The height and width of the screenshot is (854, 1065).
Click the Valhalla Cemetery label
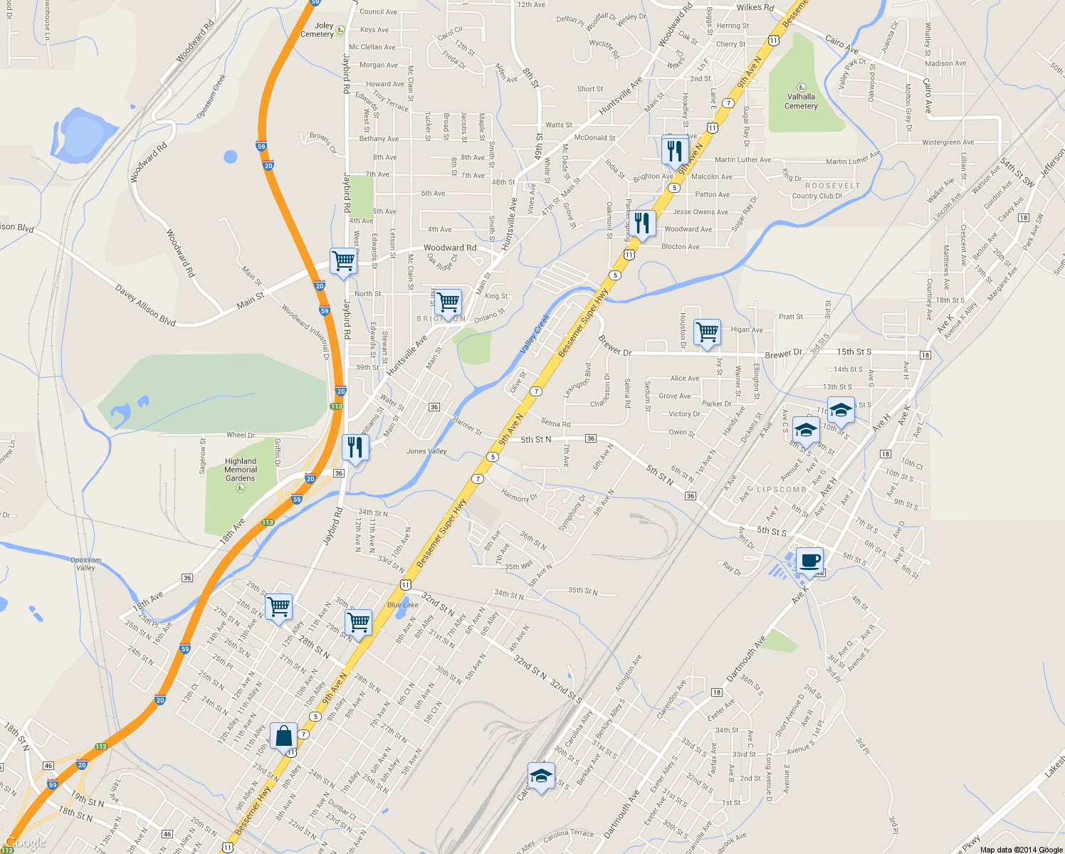801,101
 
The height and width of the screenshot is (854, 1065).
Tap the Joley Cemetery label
318,30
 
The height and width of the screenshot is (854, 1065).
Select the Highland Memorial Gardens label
241,470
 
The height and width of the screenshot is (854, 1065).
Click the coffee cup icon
809,560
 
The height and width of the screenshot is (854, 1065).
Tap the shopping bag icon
283,737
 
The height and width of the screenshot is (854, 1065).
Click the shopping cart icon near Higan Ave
707,332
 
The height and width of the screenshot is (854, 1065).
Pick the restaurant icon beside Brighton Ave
674,151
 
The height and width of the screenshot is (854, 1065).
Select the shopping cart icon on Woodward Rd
343,261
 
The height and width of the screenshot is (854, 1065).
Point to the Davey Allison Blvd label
145,305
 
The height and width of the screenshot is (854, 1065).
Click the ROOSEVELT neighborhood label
832,186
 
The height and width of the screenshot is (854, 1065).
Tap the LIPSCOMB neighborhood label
782,490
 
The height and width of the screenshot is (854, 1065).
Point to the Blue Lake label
403,605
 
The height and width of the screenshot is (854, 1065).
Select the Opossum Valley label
85,564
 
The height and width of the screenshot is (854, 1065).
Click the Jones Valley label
426,451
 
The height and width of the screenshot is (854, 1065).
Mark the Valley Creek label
535,334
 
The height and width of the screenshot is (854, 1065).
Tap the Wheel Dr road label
241,435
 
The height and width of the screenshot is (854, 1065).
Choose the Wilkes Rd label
755,8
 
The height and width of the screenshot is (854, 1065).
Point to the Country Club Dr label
817,196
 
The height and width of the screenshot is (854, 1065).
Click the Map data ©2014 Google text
1021,850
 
